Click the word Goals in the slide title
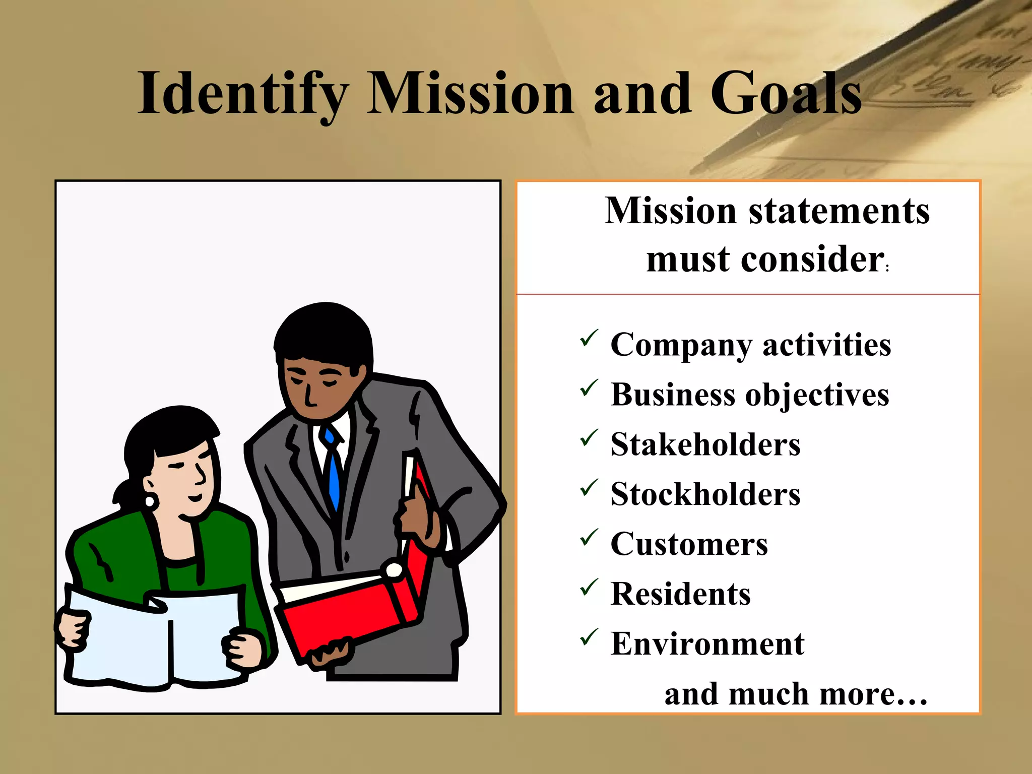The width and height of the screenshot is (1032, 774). (x=786, y=94)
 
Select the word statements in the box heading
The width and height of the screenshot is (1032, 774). (x=839, y=211)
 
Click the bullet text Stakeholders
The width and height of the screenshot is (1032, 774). (x=705, y=444)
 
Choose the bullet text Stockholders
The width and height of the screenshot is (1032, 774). (x=705, y=494)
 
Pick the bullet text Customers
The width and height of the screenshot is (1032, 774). (x=689, y=544)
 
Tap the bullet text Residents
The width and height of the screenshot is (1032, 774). (x=680, y=594)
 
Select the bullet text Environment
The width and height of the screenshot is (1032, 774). (x=707, y=644)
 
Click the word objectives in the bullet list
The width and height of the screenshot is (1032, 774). (x=817, y=395)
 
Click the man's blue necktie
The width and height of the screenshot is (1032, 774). (x=333, y=474)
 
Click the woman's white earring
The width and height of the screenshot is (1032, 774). (x=150, y=501)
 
